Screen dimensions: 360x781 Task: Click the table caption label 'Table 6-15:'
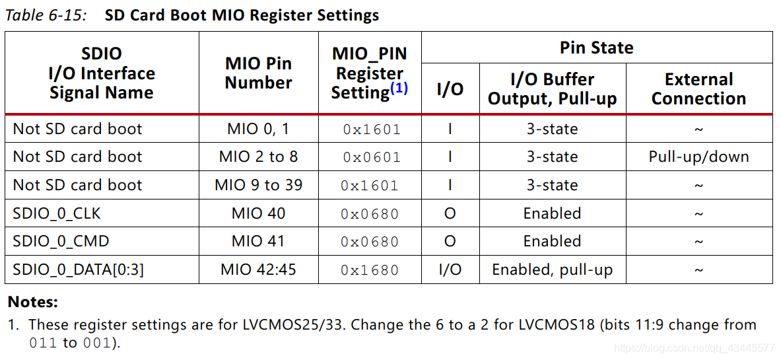(46, 15)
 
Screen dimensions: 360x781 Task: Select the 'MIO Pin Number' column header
(258, 73)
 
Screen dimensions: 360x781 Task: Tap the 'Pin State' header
(596, 48)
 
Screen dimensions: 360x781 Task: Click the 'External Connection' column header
(698, 89)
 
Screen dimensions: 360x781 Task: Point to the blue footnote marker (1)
(399, 88)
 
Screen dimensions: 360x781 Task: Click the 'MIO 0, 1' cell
(258, 129)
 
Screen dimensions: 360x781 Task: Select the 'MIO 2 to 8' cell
(258, 157)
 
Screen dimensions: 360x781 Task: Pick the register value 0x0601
(371, 158)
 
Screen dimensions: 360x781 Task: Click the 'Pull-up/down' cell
(698, 157)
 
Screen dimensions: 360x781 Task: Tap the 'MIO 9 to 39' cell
(258, 185)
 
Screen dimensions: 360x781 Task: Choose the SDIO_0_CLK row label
(57, 213)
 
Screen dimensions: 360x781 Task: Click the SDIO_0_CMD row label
(61, 242)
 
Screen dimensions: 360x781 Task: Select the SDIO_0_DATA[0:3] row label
(78, 270)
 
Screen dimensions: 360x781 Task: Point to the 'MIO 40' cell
(258, 213)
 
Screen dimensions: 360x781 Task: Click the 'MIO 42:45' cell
(258, 270)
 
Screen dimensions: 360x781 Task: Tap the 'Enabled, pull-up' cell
(552, 270)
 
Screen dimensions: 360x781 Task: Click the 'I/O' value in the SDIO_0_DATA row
(450, 270)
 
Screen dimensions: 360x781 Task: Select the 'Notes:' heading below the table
(32, 303)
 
